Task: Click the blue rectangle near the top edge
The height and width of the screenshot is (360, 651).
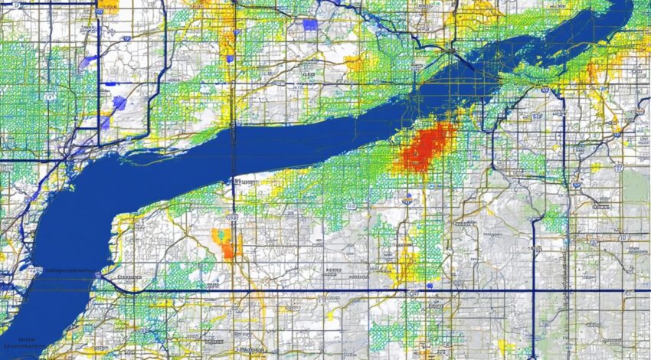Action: pos(309,25)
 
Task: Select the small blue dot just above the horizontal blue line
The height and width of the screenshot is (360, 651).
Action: pos(431,286)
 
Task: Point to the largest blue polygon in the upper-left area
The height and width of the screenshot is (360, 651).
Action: pos(119,103)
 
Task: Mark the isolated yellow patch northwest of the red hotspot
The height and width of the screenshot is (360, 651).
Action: pos(354,64)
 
